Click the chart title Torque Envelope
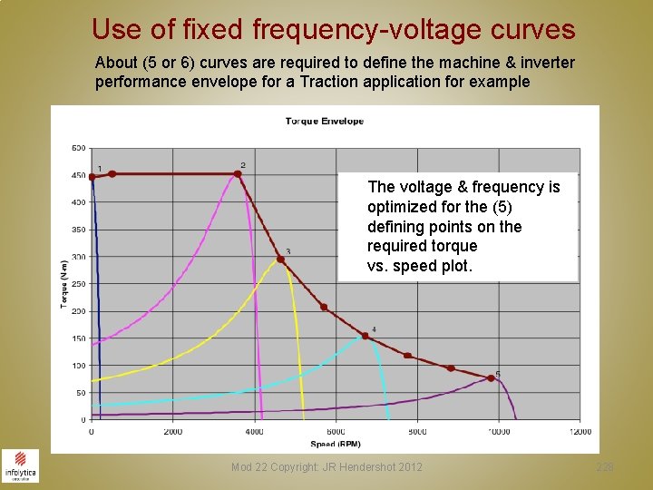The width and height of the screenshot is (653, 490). click(x=324, y=121)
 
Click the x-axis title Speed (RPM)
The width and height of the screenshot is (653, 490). click(x=336, y=444)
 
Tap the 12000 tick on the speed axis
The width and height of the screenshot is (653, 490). click(x=580, y=431)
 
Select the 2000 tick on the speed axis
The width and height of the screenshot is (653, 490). click(x=172, y=431)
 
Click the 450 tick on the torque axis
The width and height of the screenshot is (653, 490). click(x=78, y=175)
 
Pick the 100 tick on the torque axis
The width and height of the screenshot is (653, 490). click(x=78, y=366)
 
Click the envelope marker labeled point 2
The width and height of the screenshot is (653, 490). click(x=239, y=174)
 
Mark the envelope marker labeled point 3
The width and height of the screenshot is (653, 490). click(x=280, y=260)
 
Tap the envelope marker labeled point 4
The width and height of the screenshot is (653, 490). click(x=365, y=336)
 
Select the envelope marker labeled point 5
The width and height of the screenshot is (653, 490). click(x=491, y=378)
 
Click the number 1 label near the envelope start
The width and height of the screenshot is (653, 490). click(x=99, y=169)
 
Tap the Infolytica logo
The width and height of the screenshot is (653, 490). click(x=20, y=465)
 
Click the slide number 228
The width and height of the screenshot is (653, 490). click(x=605, y=467)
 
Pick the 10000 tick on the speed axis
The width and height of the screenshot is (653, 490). click(x=498, y=431)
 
